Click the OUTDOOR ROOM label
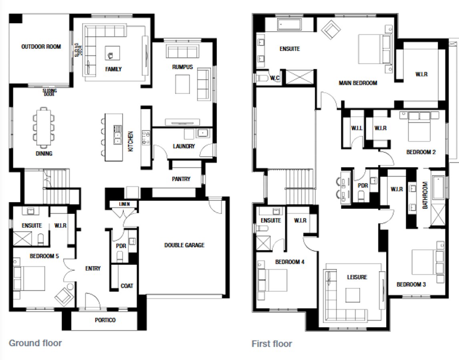[x=41, y=47]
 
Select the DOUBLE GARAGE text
[x=184, y=245]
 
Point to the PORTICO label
[x=105, y=320]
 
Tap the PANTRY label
[x=181, y=179]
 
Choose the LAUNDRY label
[x=184, y=146]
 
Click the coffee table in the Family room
[x=112, y=52]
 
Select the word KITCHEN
[x=130, y=141]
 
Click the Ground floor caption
[x=35, y=343]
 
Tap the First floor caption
[x=272, y=344]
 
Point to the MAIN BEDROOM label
[x=358, y=83]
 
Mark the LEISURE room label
[x=357, y=277]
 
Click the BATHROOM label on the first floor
[x=425, y=195]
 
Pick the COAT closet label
[x=127, y=286]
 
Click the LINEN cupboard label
[x=124, y=204]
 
